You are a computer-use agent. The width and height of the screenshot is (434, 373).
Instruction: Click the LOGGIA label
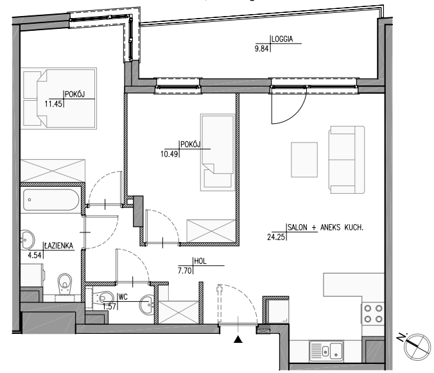click(x=282, y=39)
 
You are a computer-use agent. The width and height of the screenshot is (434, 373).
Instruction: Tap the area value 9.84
click(x=261, y=49)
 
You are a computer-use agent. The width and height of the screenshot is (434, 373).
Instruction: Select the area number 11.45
click(x=53, y=104)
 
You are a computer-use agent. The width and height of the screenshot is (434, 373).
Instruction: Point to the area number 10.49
click(x=169, y=154)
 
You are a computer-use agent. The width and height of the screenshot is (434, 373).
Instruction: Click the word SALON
click(x=297, y=227)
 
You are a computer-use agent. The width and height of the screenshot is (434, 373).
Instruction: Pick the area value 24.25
click(x=276, y=237)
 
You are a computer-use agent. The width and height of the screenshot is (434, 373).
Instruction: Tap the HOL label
click(x=200, y=261)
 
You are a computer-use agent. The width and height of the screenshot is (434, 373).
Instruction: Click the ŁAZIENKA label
click(x=58, y=245)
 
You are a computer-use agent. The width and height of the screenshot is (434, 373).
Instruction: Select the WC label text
click(x=123, y=297)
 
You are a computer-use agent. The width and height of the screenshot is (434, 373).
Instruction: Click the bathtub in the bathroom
click(x=51, y=200)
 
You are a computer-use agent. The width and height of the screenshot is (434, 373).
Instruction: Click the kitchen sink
click(x=326, y=351)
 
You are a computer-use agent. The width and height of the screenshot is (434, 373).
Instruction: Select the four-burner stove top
click(x=373, y=313)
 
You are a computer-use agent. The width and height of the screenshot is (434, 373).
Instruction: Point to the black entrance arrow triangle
click(x=238, y=339)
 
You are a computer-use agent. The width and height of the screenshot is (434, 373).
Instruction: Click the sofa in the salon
click(x=347, y=160)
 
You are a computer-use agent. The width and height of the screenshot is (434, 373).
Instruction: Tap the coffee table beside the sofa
click(x=304, y=160)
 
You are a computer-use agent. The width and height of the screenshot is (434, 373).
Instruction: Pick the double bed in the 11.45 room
click(x=59, y=98)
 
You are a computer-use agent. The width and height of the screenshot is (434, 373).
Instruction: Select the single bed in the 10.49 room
click(x=218, y=152)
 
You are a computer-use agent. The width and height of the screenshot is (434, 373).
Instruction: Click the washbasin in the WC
click(x=147, y=305)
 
